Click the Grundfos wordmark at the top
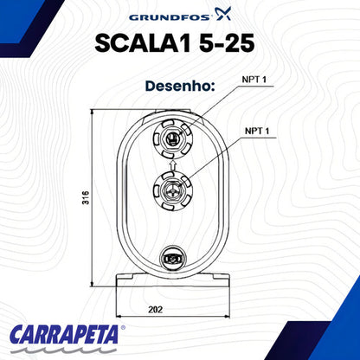170,17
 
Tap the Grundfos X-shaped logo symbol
222,14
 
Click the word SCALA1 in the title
143,43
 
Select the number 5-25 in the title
227,43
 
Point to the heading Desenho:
180,86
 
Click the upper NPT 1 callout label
254,80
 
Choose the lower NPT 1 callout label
257,132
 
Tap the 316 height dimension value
86,197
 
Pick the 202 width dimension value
156,310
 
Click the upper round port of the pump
172,138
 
